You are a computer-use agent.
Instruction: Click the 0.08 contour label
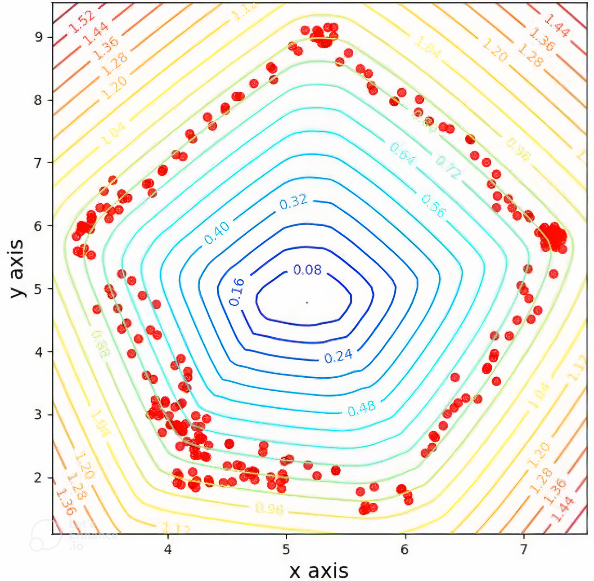(x=307, y=270)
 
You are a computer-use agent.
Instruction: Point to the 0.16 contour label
(x=237, y=292)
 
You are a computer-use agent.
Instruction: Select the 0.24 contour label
(x=338, y=357)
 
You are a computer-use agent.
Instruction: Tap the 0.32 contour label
(x=293, y=202)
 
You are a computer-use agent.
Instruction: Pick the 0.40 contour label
(x=217, y=232)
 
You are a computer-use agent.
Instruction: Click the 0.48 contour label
(x=361, y=408)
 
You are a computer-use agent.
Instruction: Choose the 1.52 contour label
(x=82, y=22)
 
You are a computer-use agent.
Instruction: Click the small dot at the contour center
(x=307, y=303)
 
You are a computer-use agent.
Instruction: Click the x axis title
(x=319, y=571)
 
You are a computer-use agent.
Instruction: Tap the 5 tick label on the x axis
(x=286, y=550)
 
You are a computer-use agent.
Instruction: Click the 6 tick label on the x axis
(x=405, y=550)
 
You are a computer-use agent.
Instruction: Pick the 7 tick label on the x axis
(x=523, y=550)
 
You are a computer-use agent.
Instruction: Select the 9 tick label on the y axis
(x=39, y=37)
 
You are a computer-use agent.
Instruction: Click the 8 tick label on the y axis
(x=38, y=100)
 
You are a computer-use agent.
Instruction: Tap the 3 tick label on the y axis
(x=38, y=414)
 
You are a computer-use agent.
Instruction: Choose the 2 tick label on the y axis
(x=38, y=478)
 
